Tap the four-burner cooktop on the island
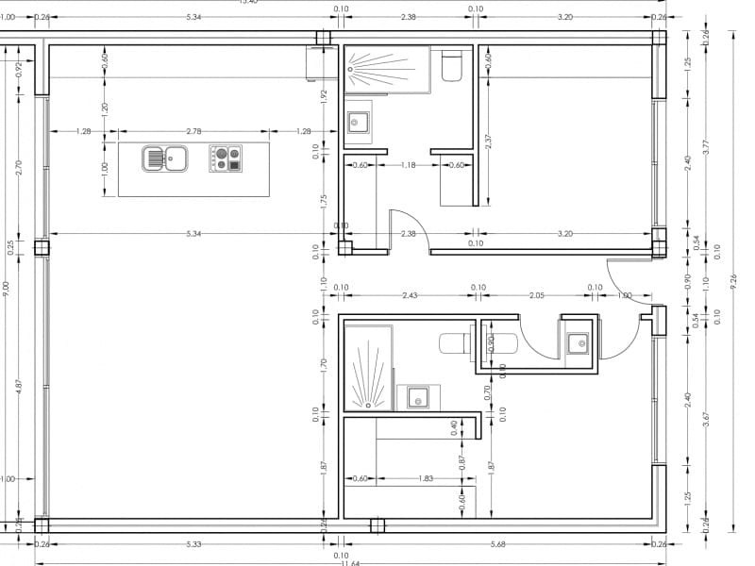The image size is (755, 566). point(226,158)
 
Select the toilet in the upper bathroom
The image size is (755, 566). point(451,66)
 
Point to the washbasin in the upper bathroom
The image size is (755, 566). point(359,122)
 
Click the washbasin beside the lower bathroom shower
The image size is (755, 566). point(417,396)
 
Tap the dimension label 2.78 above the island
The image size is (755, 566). point(193,131)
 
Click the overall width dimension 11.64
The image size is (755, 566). point(350,563)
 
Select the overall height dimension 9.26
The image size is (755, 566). point(732,283)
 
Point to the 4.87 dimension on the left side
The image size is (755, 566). point(18,387)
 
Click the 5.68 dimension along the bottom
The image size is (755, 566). point(497,543)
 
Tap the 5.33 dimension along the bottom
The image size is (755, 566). point(193,543)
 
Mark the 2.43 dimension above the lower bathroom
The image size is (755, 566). point(410,295)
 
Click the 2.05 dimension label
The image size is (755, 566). point(537,295)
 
